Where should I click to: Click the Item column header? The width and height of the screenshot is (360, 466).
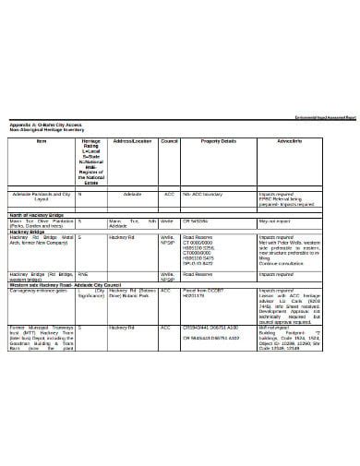tap(41, 141)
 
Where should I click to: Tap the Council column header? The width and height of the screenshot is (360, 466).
tap(168, 141)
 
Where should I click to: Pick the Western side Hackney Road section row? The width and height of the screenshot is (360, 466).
tap(65, 285)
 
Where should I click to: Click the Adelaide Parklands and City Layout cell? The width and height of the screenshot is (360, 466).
tap(41, 197)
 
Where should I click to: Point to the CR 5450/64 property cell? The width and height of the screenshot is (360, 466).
tap(196, 221)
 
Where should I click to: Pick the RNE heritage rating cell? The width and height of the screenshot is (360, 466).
tap(83, 275)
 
